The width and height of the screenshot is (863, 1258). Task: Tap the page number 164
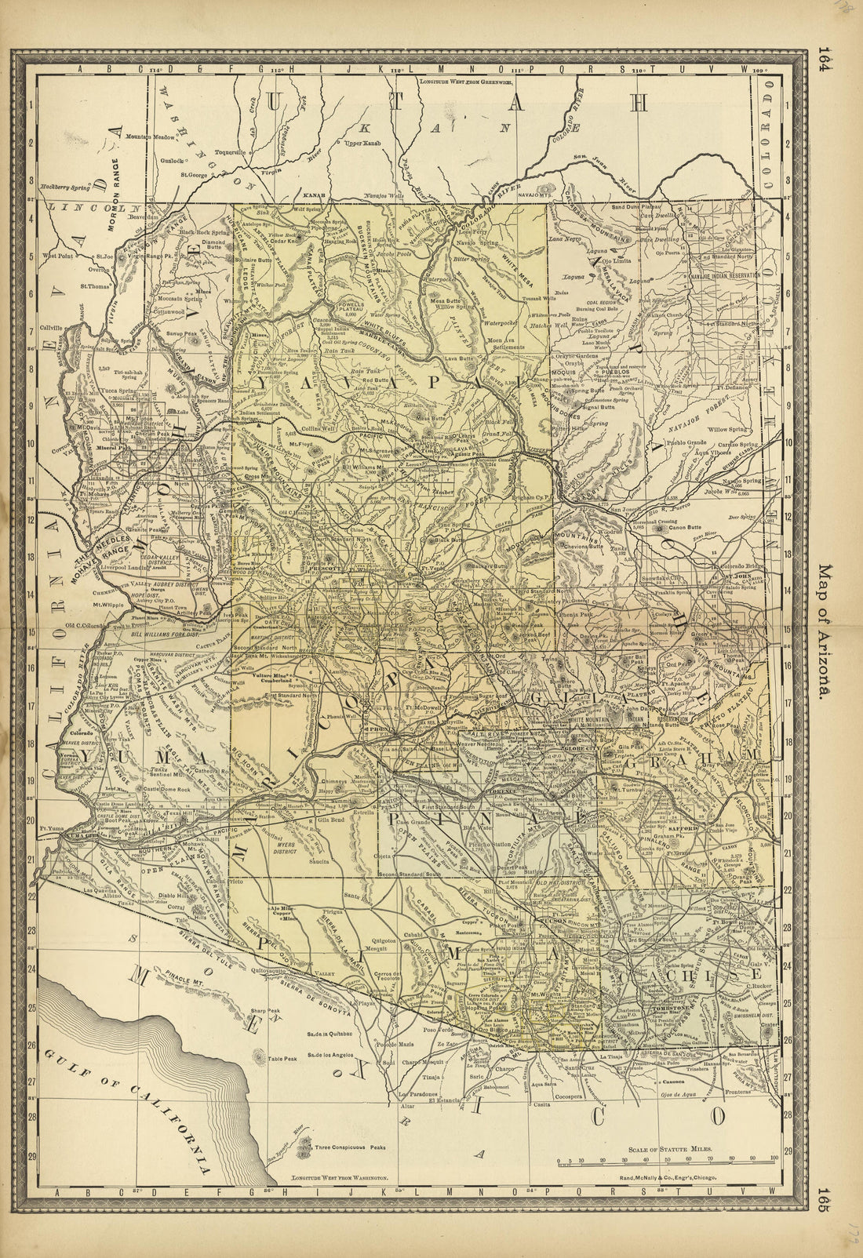pos(824,60)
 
